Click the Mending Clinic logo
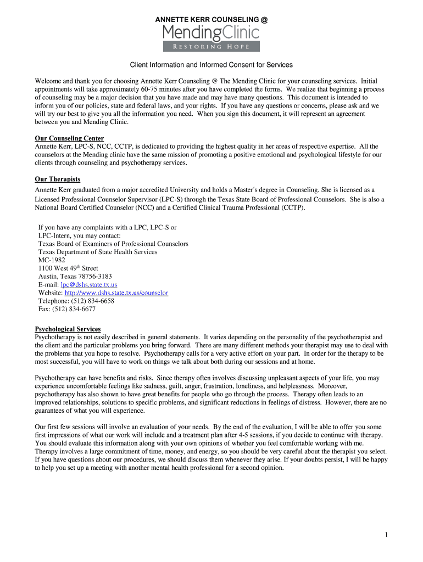point(211,34)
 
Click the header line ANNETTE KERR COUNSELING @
point(211,20)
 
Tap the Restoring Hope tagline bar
point(211,47)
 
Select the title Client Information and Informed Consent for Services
point(211,65)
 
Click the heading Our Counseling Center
point(69,138)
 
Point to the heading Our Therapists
point(58,179)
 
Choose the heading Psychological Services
point(68,329)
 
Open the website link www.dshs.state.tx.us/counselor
point(116,293)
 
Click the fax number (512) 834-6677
point(74,309)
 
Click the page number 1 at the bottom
point(387,535)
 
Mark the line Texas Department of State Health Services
point(98,252)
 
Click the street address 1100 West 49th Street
point(68,268)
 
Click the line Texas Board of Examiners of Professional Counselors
point(113,244)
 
